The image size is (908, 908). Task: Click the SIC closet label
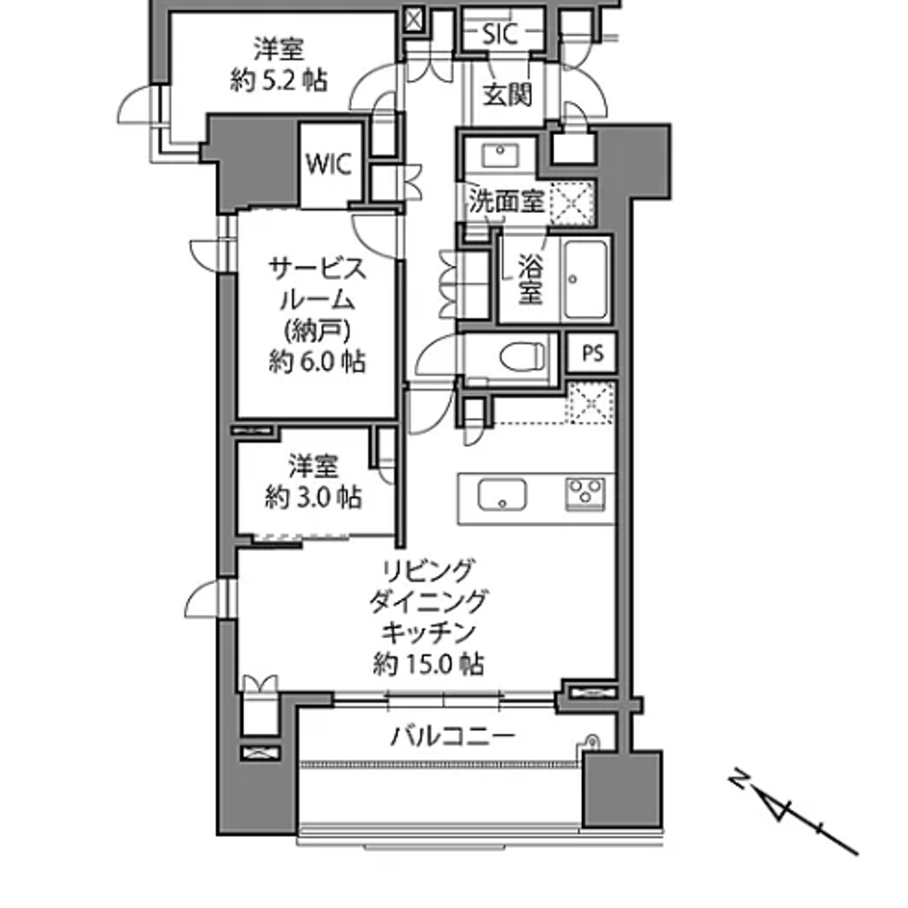(499, 35)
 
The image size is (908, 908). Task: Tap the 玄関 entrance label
(508, 94)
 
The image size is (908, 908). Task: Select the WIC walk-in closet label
(329, 163)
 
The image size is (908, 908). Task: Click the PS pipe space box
(592, 352)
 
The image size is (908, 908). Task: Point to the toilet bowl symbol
(522, 356)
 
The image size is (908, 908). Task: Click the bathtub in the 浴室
(586, 280)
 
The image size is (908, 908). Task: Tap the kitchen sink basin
(502, 495)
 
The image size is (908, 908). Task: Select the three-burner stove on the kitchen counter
(586, 494)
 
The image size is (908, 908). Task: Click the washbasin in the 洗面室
(499, 155)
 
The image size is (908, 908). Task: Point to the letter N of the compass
(738, 778)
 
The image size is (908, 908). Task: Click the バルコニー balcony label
(453, 736)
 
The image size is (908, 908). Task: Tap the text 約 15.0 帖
(429, 664)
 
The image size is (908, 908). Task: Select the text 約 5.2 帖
(279, 80)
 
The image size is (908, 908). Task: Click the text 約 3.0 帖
(313, 497)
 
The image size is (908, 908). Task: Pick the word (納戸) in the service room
(317, 331)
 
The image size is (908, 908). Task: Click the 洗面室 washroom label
(506, 201)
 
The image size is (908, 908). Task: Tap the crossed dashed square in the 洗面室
(571, 203)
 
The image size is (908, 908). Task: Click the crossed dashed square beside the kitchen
(591, 403)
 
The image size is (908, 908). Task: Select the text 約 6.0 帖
(317, 362)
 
